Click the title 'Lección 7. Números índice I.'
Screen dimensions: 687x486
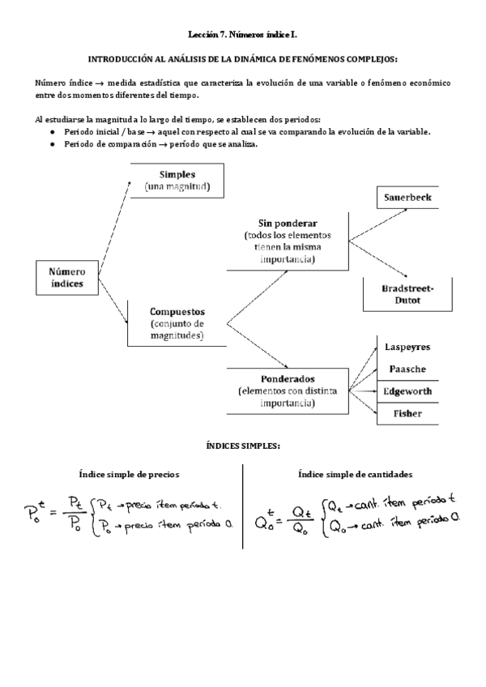point(243,35)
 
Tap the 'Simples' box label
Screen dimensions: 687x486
point(177,174)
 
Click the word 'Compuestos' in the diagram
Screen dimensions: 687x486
point(177,311)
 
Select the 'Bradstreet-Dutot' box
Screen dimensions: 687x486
point(408,294)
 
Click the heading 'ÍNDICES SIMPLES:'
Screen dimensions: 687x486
point(243,446)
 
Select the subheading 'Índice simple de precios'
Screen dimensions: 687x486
point(129,474)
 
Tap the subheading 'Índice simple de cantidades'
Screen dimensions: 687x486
point(356,474)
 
